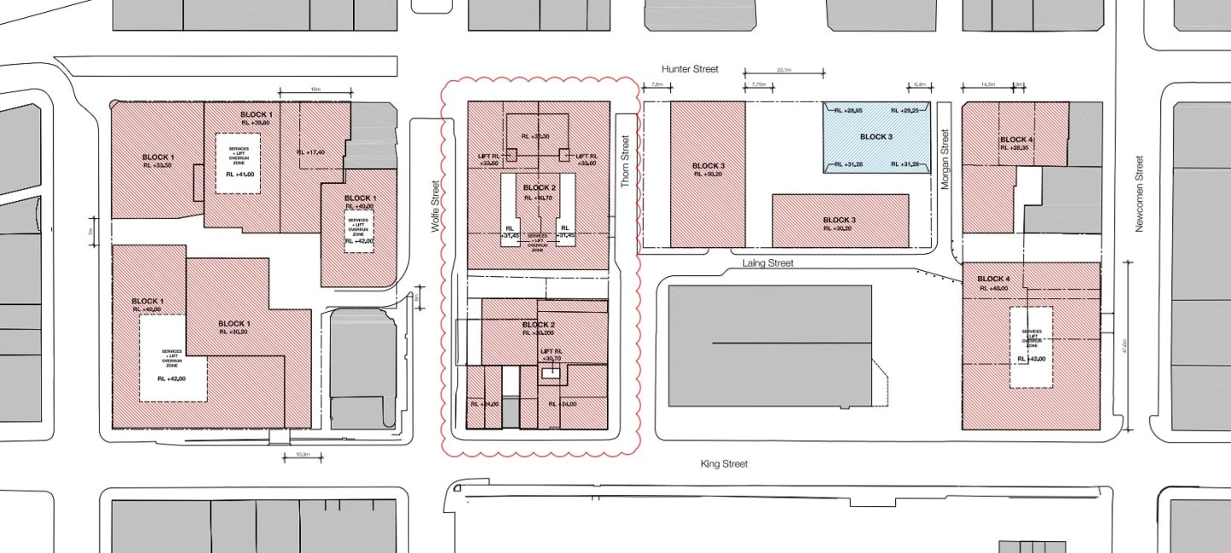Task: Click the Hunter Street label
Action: point(690,68)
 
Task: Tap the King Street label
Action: point(724,464)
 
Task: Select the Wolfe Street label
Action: point(435,206)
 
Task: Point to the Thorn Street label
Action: point(625,157)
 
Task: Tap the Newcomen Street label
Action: point(1139,193)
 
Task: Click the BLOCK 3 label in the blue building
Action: point(876,137)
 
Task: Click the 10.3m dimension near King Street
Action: point(303,455)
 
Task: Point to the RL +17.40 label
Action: point(310,152)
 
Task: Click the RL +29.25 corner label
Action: point(904,111)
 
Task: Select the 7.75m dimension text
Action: point(756,85)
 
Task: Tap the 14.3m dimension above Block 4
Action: point(987,85)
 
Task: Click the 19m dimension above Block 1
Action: point(315,88)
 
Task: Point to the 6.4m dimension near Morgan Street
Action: point(920,85)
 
